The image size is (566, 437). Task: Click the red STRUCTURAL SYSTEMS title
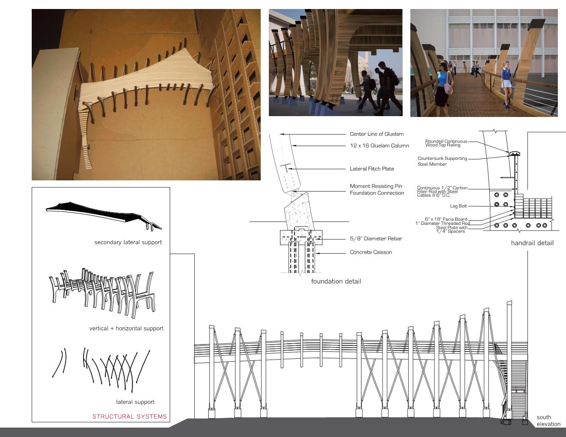[x=129, y=416]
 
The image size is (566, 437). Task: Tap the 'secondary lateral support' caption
[x=128, y=242]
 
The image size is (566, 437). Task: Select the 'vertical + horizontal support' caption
[x=126, y=329]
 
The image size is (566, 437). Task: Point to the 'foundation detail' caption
[x=336, y=281]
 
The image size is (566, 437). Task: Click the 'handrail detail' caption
[x=532, y=243]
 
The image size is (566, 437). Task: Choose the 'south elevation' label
[x=548, y=421]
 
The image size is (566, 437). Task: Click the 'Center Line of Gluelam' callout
[x=376, y=134]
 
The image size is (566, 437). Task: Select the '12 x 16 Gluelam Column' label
[x=379, y=146]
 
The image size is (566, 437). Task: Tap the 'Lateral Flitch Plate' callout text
[x=372, y=169]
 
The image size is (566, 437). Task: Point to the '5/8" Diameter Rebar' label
[x=376, y=239]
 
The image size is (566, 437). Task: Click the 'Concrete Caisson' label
[x=370, y=252]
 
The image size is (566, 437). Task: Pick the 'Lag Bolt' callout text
[x=458, y=206]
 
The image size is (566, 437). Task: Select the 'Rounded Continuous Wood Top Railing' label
[x=446, y=143]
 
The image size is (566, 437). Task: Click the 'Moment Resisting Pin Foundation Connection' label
[x=376, y=189]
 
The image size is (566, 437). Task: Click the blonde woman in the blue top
[x=507, y=81]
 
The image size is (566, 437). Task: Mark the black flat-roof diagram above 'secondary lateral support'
[x=103, y=213]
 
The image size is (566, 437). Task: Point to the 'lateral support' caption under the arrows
[x=135, y=402]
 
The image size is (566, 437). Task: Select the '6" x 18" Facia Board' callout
[x=446, y=219]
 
